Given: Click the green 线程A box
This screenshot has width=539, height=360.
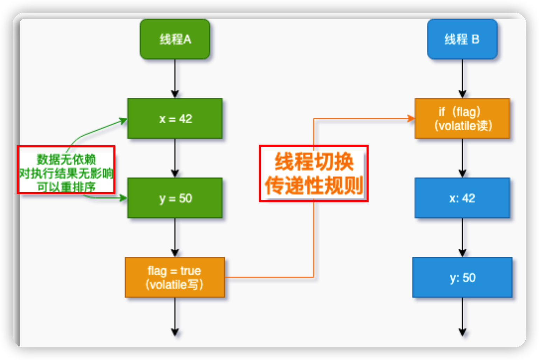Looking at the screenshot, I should [x=175, y=39].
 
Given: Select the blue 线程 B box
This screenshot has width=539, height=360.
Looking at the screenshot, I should [x=462, y=39].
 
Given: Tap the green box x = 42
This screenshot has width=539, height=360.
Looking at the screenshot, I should [x=175, y=118].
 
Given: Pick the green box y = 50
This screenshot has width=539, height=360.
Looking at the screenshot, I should [x=175, y=198].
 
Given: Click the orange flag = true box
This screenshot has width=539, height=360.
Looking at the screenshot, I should [x=175, y=277].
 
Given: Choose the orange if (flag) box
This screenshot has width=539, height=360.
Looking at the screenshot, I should [x=462, y=118].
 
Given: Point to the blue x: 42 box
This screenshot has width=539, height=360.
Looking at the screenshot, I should [x=462, y=198].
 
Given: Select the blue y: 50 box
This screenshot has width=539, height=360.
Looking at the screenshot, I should [x=462, y=277].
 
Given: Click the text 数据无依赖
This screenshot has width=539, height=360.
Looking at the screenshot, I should [x=66, y=160].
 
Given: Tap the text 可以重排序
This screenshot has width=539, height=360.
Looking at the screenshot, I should [x=66, y=187].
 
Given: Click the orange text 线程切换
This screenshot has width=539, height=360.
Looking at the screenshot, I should [x=314, y=162].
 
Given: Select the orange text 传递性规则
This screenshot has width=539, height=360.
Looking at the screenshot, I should [x=314, y=185].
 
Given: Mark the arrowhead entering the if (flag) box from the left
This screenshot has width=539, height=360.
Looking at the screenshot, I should [x=411, y=118].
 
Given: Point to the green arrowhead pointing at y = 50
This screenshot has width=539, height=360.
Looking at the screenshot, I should [x=123, y=198].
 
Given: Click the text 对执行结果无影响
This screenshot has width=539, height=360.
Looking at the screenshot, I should [x=66, y=173].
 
